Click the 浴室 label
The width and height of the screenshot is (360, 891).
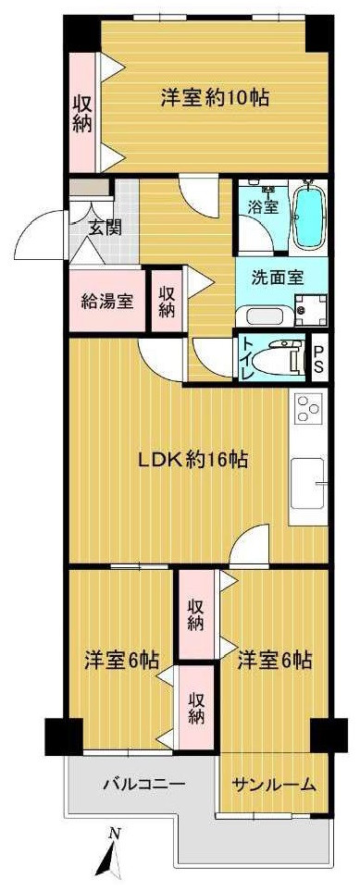tap(263, 207)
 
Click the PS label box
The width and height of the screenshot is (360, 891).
tap(318, 358)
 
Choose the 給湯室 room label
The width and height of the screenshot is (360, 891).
tap(106, 300)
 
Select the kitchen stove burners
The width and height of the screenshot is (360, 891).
tap(307, 407)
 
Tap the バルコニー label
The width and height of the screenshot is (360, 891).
tap(143, 785)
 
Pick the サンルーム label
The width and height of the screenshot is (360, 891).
tap(273, 785)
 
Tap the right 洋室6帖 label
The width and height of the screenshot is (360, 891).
tap(273, 661)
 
